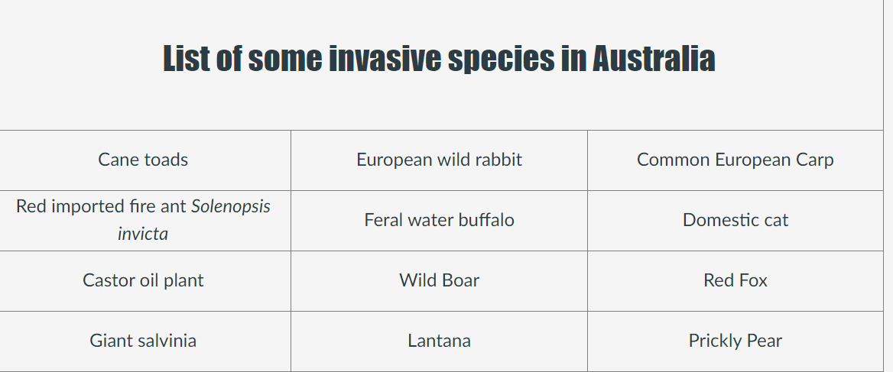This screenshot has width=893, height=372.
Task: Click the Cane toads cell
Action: coord(143,160)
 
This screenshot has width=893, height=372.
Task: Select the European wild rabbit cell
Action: coord(439,160)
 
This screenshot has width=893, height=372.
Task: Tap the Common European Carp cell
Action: coord(736,160)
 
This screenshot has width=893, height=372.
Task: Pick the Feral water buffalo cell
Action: coord(439,220)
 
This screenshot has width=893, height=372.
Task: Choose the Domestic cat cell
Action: coord(736,220)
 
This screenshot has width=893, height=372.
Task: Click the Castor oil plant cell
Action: coord(143,280)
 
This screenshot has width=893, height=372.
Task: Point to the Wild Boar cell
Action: coord(439,280)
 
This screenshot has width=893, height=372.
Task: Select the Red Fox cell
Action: coord(736,280)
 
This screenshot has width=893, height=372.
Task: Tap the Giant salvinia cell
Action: coord(143,341)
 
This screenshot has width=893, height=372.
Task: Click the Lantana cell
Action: coord(439,341)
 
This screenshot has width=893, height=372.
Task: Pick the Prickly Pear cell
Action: coord(736,341)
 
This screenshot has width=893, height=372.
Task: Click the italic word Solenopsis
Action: coord(231,206)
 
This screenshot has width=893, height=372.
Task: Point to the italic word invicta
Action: coord(143,234)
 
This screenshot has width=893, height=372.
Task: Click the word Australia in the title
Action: coord(654,58)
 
